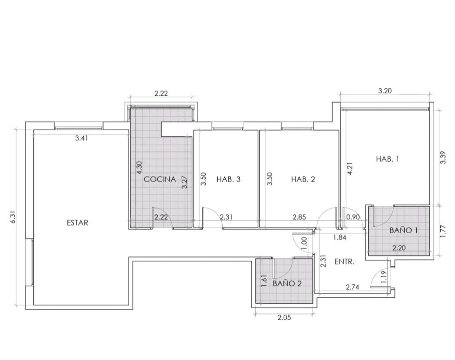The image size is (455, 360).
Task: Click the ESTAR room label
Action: (77, 223)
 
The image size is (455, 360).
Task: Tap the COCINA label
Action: (160, 179)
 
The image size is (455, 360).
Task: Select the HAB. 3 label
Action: (228, 179)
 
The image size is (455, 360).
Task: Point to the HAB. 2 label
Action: (303, 179)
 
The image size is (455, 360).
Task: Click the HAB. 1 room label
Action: (388, 159)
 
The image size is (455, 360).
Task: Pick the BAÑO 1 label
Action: (404, 230)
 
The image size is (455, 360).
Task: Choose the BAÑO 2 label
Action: (287, 284)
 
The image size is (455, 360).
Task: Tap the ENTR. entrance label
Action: (344, 262)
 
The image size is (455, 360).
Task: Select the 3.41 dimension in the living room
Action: (81, 138)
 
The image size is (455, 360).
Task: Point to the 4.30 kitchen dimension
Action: (140, 168)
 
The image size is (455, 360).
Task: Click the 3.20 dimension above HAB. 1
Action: (385, 91)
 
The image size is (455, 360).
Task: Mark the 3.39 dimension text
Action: (443, 158)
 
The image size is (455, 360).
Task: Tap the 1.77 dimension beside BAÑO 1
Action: (443, 232)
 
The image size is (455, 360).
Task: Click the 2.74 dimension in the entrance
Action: (352, 287)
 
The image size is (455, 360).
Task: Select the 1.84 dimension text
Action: (339, 237)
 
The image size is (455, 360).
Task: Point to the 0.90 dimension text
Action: (353, 217)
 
